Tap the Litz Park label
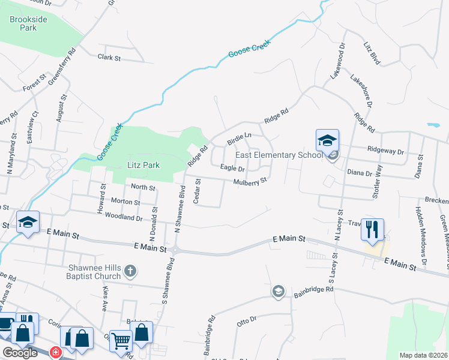pos(143,165)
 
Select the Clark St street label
pos(109,58)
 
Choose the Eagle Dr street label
pos(232,168)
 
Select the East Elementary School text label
pos(280,155)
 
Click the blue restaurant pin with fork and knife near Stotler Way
pos(372,229)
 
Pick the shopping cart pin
pos(121,341)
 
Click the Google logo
pos(19,352)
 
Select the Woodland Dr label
pos(123,217)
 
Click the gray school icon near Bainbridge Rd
pos(278,292)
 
